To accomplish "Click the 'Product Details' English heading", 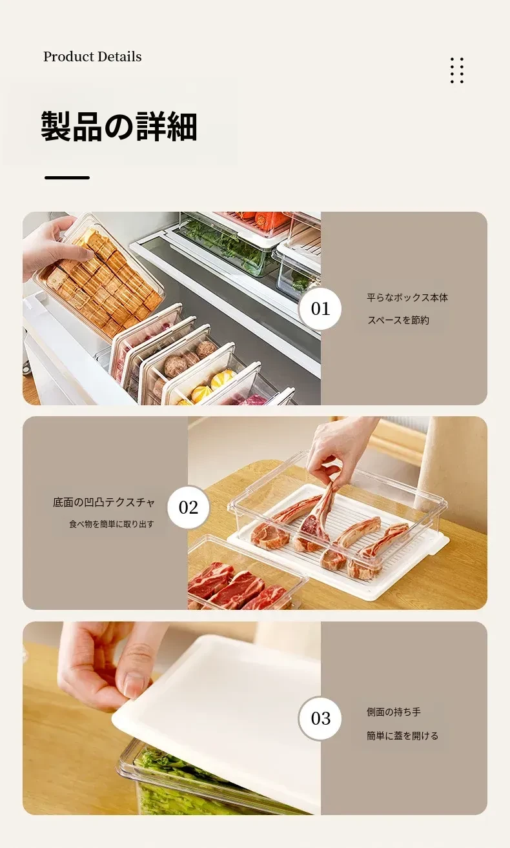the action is point(92,57).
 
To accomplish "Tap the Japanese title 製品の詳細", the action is point(119,126).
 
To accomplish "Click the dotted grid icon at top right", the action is point(457,70).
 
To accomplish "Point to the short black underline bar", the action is point(67,177).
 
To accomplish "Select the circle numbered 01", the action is point(320,308).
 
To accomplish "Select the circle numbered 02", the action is point(188,507).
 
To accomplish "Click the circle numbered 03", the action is point(320,718).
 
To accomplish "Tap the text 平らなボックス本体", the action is point(407,298).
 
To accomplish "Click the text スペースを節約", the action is point(398,320).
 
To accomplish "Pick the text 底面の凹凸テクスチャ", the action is point(104,502).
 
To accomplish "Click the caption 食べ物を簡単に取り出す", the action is point(112,524).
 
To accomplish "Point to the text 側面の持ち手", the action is point(393,712).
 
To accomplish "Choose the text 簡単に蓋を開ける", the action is point(402,736).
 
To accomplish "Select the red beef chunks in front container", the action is point(238,589).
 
